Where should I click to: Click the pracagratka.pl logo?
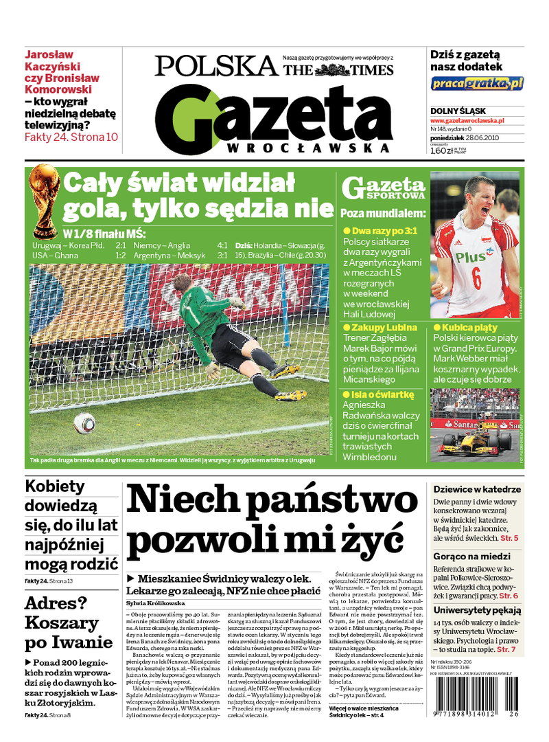tap(477, 84)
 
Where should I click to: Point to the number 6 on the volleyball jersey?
tap(476, 279)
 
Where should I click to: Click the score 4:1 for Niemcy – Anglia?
tap(222, 245)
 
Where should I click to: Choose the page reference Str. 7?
tap(504, 649)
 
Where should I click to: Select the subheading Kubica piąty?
tap(470, 328)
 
